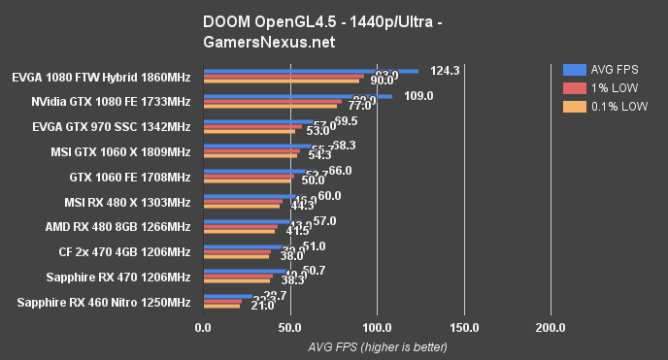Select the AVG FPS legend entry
(x=603, y=70)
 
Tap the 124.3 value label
(x=443, y=70)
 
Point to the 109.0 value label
(x=417, y=96)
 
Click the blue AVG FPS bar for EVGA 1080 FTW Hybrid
(x=311, y=70)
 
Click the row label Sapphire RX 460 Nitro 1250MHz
(x=104, y=303)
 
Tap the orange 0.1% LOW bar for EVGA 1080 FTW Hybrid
(x=281, y=81)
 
